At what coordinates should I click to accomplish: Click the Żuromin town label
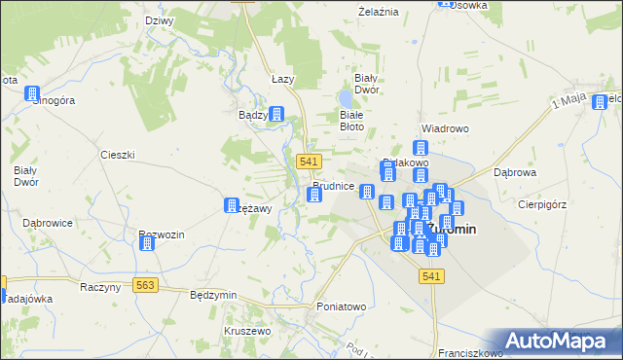tap(458, 230)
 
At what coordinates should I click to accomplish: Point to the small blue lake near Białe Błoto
tap(346, 99)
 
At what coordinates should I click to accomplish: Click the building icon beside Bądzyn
tap(277, 115)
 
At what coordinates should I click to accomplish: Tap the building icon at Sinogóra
tap(33, 94)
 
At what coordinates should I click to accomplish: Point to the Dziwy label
tap(159, 20)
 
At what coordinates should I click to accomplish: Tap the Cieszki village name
tap(117, 155)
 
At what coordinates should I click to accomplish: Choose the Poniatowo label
tap(341, 306)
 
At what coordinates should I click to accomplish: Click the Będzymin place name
tap(214, 294)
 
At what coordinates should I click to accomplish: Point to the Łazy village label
tap(282, 79)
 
